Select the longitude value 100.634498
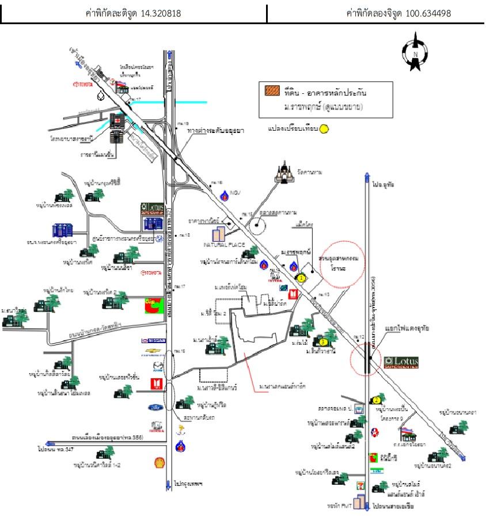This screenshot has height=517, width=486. click(427, 13)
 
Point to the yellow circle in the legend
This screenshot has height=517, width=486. click(324, 130)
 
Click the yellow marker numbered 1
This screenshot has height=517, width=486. click(301, 277)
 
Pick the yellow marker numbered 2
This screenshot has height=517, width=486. click(377, 400)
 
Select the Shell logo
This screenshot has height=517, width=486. click(155, 462)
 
